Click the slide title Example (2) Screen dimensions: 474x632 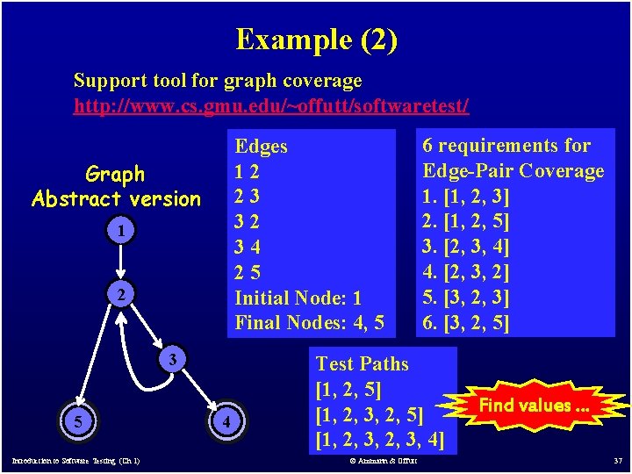[x=316, y=39]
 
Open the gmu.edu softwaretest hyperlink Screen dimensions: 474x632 [x=271, y=106]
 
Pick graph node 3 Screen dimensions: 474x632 [x=175, y=359]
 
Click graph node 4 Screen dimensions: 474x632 [x=226, y=422]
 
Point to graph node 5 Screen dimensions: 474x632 [x=79, y=422]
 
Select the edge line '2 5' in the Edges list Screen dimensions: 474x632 [x=247, y=272]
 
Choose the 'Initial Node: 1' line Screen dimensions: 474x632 [x=298, y=298]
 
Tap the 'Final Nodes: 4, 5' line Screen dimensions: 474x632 [x=309, y=322]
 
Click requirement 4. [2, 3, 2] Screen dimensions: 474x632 [x=465, y=272]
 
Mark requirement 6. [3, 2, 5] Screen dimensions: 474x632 [x=465, y=322]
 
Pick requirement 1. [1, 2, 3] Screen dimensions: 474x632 [x=465, y=195]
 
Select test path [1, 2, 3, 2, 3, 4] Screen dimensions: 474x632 [x=379, y=437]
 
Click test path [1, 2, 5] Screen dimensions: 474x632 [x=348, y=388]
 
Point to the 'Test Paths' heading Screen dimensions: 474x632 [x=362, y=363]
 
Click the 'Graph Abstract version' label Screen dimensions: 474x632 [x=116, y=186]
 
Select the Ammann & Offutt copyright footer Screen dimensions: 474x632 [x=384, y=461]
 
